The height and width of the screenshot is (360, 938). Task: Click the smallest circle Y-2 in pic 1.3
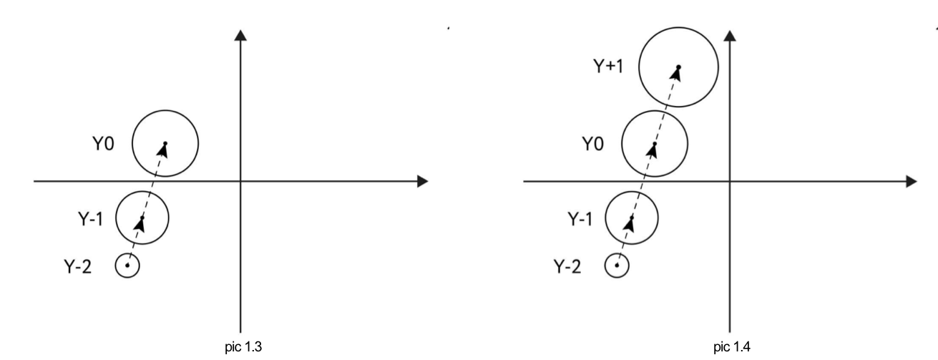coord(127,266)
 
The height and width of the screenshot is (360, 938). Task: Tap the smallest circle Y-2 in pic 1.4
coord(617,266)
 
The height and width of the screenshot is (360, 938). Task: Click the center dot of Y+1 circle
coord(678,68)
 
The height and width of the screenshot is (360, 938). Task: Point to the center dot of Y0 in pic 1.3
coord(165,143)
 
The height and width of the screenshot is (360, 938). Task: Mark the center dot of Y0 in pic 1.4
coord(655,144)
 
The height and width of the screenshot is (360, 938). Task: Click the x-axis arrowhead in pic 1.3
coord(422,181)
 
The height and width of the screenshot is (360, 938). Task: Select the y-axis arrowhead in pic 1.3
coord(240,36)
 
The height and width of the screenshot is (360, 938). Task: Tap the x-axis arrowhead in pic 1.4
coord(911,181)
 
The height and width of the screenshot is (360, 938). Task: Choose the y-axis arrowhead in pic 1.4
coord(729,36)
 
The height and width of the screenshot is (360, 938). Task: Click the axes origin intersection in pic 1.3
coord(240,181)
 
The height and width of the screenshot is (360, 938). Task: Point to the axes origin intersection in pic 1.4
coord(729,181)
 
